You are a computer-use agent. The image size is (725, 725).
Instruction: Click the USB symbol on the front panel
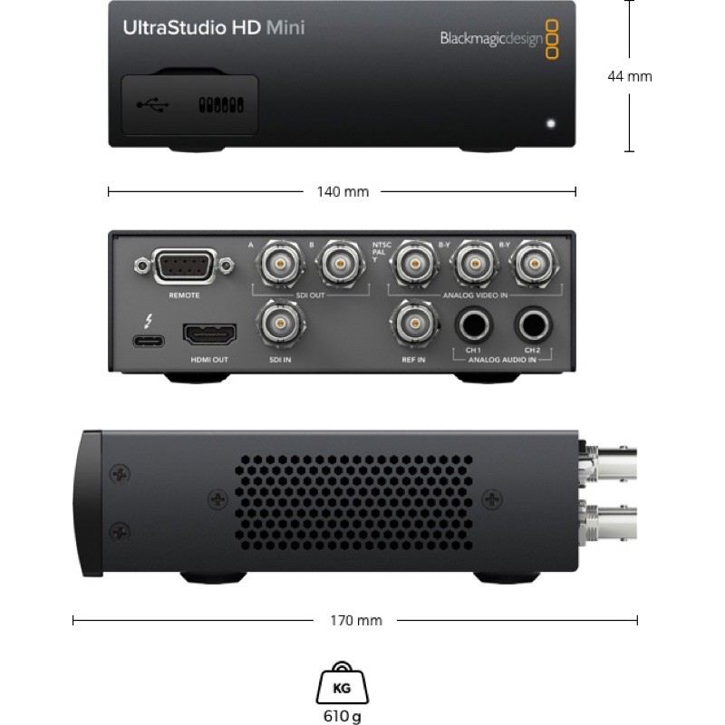pyautogui.click(x=152, y=106)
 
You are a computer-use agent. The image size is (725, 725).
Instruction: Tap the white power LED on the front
pyautogui.click(x=550, y=121)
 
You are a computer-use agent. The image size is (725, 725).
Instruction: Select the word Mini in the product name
pyautogui.click(x=285, y=27)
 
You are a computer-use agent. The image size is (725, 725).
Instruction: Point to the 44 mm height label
pyautogui.click(x=629, y=76)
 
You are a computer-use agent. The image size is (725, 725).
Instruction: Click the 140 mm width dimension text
pyautogui.click(x=343, y=192)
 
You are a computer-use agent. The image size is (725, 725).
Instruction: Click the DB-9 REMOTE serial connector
pyautogui.click(x=184, y=267)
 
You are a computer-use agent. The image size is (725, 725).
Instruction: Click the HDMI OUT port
pyautogui.click(x=209, y=335)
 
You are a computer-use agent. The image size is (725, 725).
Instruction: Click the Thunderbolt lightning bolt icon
pyautogui.click(x=147, y=320)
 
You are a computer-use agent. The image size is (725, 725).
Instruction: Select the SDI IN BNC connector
pyautogui.click(x=278, y=324)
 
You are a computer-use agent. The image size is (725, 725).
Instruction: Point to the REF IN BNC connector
pyautogui.click(x=413, y=324)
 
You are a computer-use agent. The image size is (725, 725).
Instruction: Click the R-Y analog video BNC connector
pyautogui.click(x=533, y=264)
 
